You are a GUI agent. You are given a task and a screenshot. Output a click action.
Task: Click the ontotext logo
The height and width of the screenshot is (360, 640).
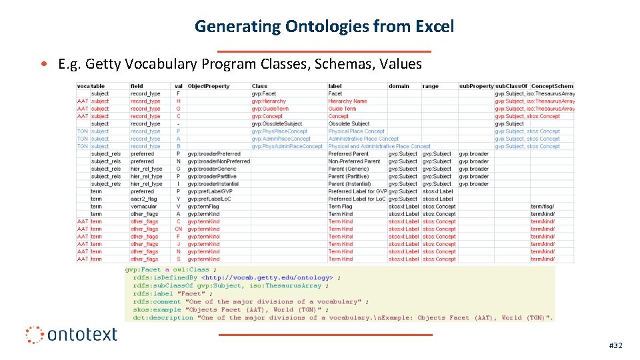click(72, 334)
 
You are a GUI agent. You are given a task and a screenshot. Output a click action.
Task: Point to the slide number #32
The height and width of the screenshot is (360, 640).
click(615, 345)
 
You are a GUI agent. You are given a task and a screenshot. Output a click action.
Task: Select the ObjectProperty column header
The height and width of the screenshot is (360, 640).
click(208, 86)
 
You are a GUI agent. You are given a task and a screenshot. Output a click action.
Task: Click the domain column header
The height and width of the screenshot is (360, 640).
click(399, 86)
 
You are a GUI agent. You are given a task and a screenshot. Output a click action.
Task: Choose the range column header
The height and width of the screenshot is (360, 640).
click(431, 86)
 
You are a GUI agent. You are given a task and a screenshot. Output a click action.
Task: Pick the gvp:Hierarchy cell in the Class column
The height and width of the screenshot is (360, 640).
click(269, 101)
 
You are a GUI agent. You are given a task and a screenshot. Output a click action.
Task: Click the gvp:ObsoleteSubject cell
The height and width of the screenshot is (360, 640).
click(277, 124)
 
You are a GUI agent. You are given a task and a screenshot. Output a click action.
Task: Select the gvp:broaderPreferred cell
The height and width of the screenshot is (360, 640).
click(214, 154)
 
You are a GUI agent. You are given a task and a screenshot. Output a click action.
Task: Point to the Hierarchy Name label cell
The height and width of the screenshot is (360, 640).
click(347, 101)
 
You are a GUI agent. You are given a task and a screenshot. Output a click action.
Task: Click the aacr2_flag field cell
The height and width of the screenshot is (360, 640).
click(143, 199)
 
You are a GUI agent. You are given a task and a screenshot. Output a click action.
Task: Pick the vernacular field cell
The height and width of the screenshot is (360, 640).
click(143, 207)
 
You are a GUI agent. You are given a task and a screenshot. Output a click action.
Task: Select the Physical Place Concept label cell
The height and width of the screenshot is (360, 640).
click(356, 131)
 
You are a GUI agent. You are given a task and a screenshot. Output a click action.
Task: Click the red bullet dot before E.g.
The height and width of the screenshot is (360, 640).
click(43, 65)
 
